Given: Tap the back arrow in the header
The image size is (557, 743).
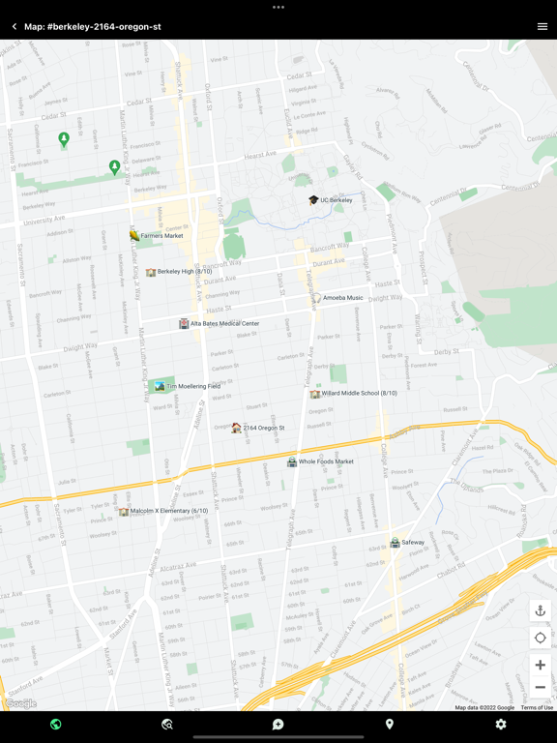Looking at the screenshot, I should click(15, 27).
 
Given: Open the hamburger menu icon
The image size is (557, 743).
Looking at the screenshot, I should click(542, 27).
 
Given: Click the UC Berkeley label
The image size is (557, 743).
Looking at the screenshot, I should click(337, 200).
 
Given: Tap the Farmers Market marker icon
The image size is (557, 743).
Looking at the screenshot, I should click(134, 235).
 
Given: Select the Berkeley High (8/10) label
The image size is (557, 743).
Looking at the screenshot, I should click(185, 272).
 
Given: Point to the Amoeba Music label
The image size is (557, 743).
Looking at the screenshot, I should click(343, 298).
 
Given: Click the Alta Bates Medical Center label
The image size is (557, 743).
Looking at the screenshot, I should click(224, 324).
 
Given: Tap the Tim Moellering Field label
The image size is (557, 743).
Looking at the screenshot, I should click(193, 386).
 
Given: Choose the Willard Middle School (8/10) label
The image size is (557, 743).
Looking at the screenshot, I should click(360, 394).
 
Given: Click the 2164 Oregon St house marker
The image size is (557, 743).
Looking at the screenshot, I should click(236, 428).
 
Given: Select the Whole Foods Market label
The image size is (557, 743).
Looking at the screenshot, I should click(326, 461).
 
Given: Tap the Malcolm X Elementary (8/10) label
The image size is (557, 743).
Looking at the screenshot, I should click(169, 511).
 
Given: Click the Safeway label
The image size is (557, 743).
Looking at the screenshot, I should click(413, 543).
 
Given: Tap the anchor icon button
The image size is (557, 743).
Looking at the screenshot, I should click(541, 610).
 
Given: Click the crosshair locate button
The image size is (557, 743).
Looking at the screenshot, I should click(541, 638).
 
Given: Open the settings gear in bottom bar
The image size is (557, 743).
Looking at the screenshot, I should click(501, 725).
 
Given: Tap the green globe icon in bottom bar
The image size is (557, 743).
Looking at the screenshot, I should click(56, 725).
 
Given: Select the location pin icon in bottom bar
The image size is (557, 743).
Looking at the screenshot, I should click(390, 725).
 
